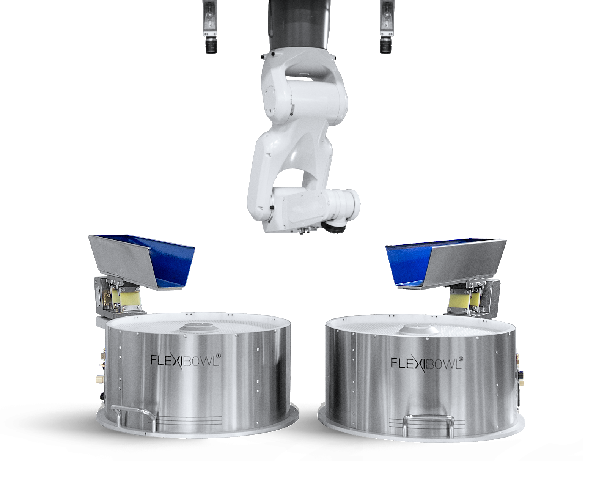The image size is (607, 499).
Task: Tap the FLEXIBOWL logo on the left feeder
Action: [x=186, y=359]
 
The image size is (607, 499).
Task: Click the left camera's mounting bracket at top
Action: [x=209, y=15]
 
